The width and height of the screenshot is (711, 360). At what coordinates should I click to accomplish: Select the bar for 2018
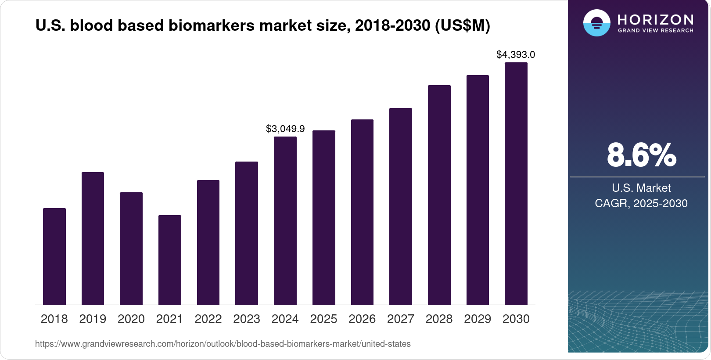[x=54, y=256]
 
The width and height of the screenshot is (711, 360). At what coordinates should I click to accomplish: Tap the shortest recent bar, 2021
[x=170, y=260]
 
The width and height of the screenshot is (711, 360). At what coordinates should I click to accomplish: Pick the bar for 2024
[x=285, y=220]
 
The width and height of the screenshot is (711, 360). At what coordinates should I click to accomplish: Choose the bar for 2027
[x=401, y=206]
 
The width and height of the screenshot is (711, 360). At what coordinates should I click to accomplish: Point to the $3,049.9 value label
[x=285, y=129]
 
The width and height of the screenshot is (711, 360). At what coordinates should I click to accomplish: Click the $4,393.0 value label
[x=516, y=55]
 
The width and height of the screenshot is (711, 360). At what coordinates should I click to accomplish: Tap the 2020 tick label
[x=131, y=319]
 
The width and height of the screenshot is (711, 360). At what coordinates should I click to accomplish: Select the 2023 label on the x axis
[x=247, y=319]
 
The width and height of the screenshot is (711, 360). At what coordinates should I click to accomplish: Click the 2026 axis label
[x=362, y=319]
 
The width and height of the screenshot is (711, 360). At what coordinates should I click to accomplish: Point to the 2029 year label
[x=478, y=319]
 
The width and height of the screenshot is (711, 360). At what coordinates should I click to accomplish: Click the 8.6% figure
[x=641, y=155]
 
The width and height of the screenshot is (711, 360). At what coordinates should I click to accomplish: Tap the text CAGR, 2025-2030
[x=641, y=203]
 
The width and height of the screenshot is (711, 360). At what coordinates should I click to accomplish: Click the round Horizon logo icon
[x=596, y=23]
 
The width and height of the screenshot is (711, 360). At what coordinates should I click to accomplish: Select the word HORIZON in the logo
[x=655, y=20]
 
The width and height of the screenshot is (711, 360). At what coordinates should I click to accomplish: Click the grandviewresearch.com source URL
[x=223, y=344]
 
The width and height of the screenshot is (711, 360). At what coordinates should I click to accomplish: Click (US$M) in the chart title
[x=462, y=25]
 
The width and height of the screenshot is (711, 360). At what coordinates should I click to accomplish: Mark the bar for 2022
[x=208, y=242]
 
